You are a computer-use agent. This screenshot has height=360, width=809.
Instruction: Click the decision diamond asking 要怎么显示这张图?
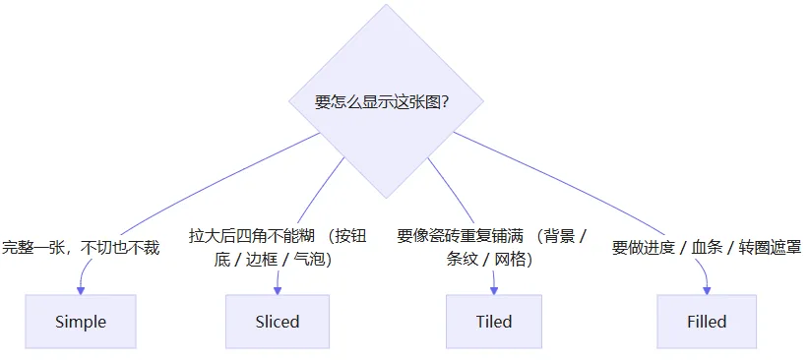tap(386, 101)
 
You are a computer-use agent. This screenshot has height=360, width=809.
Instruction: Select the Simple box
tap(81, 322)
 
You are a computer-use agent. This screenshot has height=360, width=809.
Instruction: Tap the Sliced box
tap(278, 322)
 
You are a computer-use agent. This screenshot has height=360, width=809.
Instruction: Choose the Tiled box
tap(494, 322)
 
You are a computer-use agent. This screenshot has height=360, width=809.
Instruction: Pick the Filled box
tap(707, 322)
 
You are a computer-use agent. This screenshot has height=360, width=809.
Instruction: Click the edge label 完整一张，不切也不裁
tap(81, 248)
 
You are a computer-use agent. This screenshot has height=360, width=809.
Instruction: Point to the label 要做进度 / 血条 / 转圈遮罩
tap(707, 248)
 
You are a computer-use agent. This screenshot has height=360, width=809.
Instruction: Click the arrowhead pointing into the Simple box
tap(81, 290)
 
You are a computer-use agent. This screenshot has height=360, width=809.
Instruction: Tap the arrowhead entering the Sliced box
tap(278, 290)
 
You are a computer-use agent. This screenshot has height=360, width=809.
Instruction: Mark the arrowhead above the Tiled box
tap(494, 290)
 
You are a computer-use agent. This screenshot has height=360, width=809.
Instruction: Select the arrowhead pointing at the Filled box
tap(707, 290)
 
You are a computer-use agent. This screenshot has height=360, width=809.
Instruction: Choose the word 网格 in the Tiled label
tap(510, 260)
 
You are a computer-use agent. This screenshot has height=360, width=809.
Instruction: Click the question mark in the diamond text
tap(444, 102)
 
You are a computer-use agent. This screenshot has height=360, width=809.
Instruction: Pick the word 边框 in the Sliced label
tap(261, 260)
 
